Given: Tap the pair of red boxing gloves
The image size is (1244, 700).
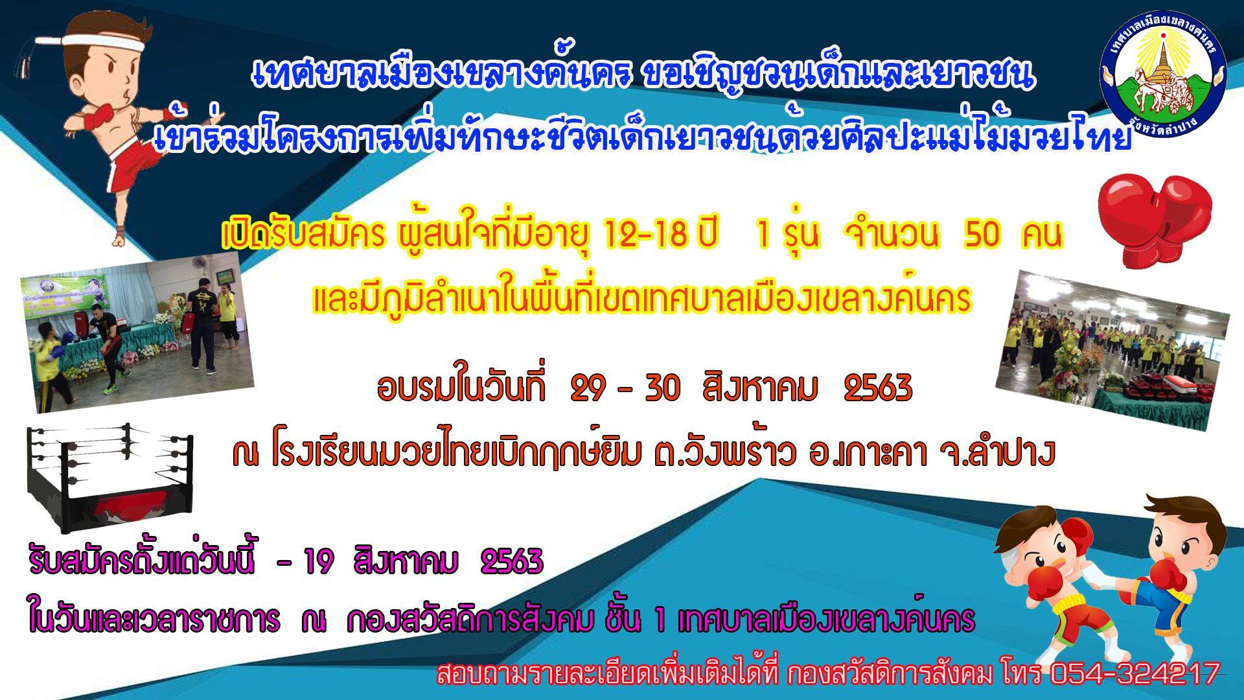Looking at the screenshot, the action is pyautogui.click(x=1155, y=220).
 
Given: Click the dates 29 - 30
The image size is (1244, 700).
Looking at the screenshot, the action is pyautogui.click(x=625, y=388).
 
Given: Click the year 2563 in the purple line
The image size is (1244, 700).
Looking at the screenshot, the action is pyautogui.click(x=511, y=562).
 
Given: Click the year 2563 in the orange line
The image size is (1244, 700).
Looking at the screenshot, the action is pyautogui.click(x=879, y=388).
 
